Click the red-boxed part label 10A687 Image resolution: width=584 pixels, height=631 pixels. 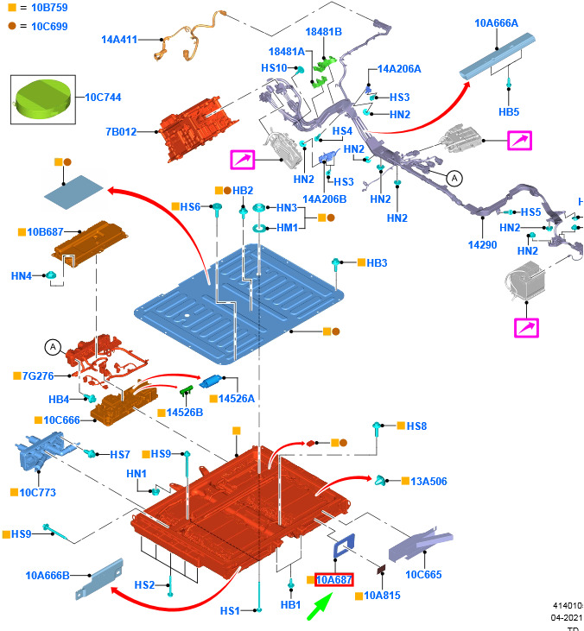coord(333,580)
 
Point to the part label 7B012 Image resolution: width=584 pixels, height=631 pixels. coord(120,132)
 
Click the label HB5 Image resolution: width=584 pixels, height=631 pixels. coord(509,112)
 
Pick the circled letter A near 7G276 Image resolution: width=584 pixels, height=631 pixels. coord(53,348)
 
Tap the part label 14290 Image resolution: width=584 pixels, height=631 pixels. coord(482,245)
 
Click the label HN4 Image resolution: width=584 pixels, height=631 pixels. coord(22,275)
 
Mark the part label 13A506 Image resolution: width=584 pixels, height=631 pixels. coord(428,482)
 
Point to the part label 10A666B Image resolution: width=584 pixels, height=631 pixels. coord(48,575)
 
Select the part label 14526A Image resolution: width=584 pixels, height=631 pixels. coord(237,399)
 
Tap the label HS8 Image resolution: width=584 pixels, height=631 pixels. coord(416,426)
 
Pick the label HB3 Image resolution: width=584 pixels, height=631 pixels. coord(377,262)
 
